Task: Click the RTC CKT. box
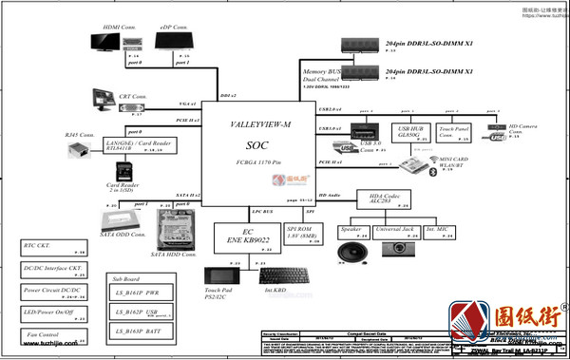pos(54,248)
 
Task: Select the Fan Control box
pos(54,333)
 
